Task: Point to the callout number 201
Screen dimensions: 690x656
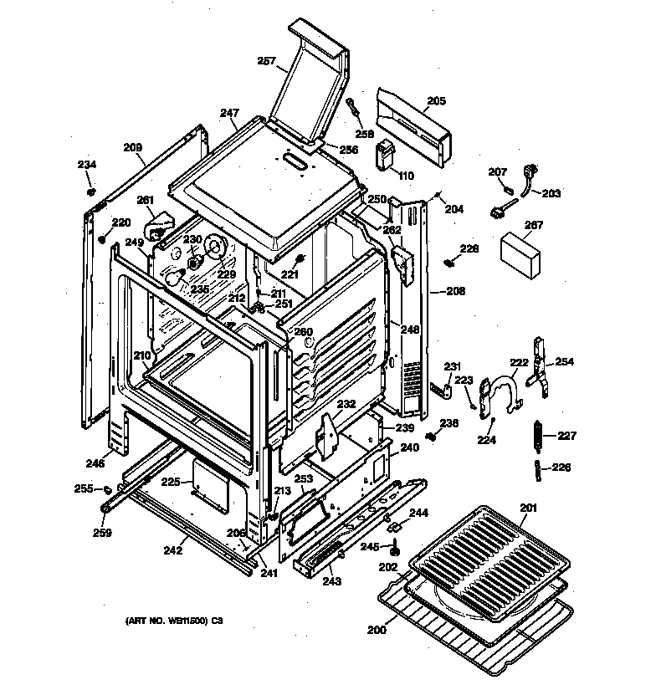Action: tap(528, 508)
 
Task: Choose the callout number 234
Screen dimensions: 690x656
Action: tap(87, 164)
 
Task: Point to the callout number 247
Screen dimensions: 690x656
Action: tap(230, 112)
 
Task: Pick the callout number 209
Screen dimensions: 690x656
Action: tap(132, 148)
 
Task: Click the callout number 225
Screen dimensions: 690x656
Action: tap(171, 482)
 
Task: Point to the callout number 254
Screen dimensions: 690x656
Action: tap(565, 361)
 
